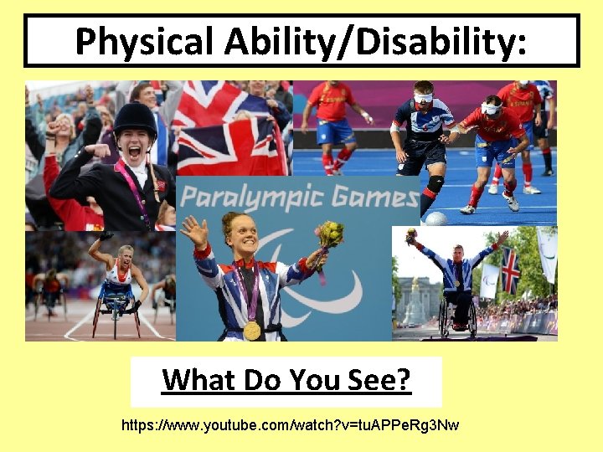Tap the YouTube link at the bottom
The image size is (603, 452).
point(290,426)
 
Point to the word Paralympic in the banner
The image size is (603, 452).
point(252,198)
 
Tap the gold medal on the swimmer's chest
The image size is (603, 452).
point(251,330)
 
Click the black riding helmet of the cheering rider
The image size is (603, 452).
point(135,118)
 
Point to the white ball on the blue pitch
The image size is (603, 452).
point(435,218)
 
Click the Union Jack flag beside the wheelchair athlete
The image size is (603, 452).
point(509,270)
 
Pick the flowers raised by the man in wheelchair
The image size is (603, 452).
point(411,237)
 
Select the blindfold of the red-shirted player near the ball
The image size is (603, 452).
point(491,108)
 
